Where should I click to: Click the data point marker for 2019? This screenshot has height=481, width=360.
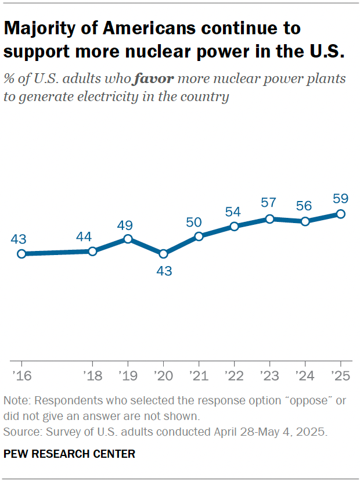coord(128,239)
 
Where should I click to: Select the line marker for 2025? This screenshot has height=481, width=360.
coord(341,214)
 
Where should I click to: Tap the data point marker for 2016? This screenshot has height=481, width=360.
coord(21,253)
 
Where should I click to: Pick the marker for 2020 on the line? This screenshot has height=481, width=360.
coord(163,254)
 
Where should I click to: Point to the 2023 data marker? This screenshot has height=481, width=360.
coord(270,218)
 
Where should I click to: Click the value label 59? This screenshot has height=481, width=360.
coord(341,198)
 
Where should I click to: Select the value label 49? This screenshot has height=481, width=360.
coord(128,223)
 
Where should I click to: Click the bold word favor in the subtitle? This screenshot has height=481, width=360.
coord(153,78)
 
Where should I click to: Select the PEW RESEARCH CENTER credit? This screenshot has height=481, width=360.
coord(69,454)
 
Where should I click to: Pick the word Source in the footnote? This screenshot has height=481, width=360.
coord(19,432)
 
